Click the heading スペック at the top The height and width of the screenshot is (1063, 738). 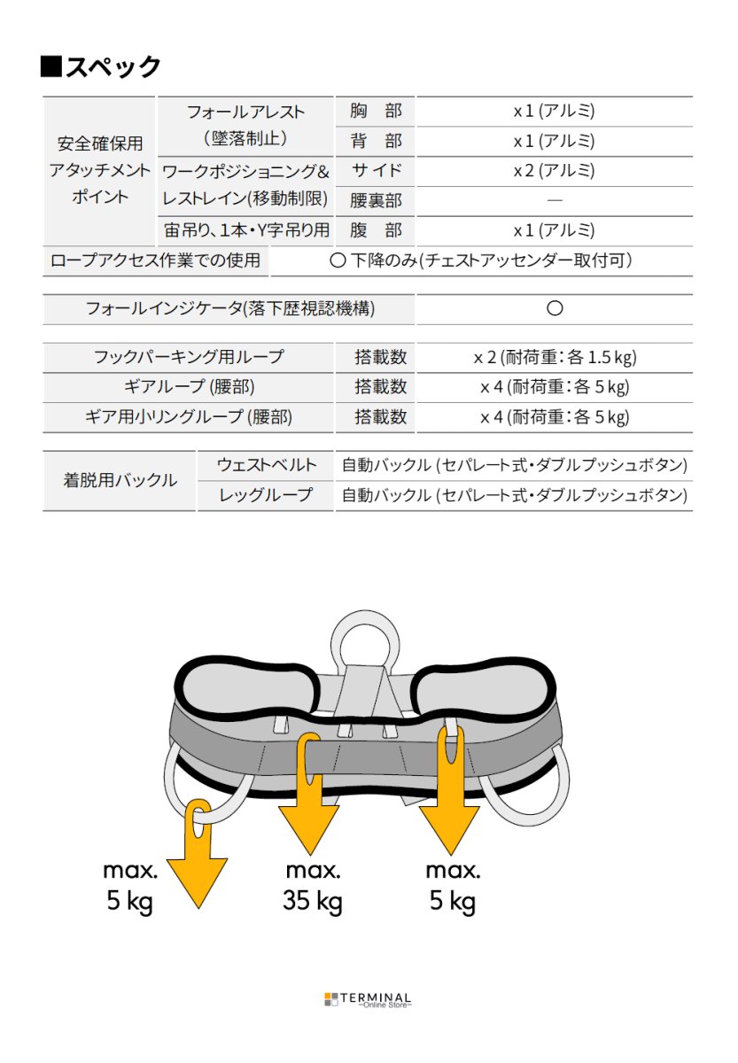101,66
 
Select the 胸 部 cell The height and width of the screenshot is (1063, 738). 376,112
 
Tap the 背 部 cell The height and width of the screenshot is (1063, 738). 376,141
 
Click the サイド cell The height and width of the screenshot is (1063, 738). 376,171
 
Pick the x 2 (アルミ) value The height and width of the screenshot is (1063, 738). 554,171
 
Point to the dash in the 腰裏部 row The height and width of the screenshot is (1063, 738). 554,201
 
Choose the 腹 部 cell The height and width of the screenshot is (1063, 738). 376,230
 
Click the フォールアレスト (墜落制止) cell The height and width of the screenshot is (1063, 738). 245,126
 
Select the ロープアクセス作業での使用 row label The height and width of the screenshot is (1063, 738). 156,260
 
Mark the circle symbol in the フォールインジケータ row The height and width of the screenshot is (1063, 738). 555,309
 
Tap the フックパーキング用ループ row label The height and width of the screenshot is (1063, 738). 189,357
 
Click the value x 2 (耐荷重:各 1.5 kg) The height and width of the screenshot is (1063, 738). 555,357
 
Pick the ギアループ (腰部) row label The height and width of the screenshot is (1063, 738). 189,387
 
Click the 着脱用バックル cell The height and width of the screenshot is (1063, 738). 120,481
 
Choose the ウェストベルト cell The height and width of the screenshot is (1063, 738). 266,466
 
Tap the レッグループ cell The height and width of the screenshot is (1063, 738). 266,495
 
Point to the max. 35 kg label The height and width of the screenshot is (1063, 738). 313,887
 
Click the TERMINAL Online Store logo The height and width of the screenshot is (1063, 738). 368,999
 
